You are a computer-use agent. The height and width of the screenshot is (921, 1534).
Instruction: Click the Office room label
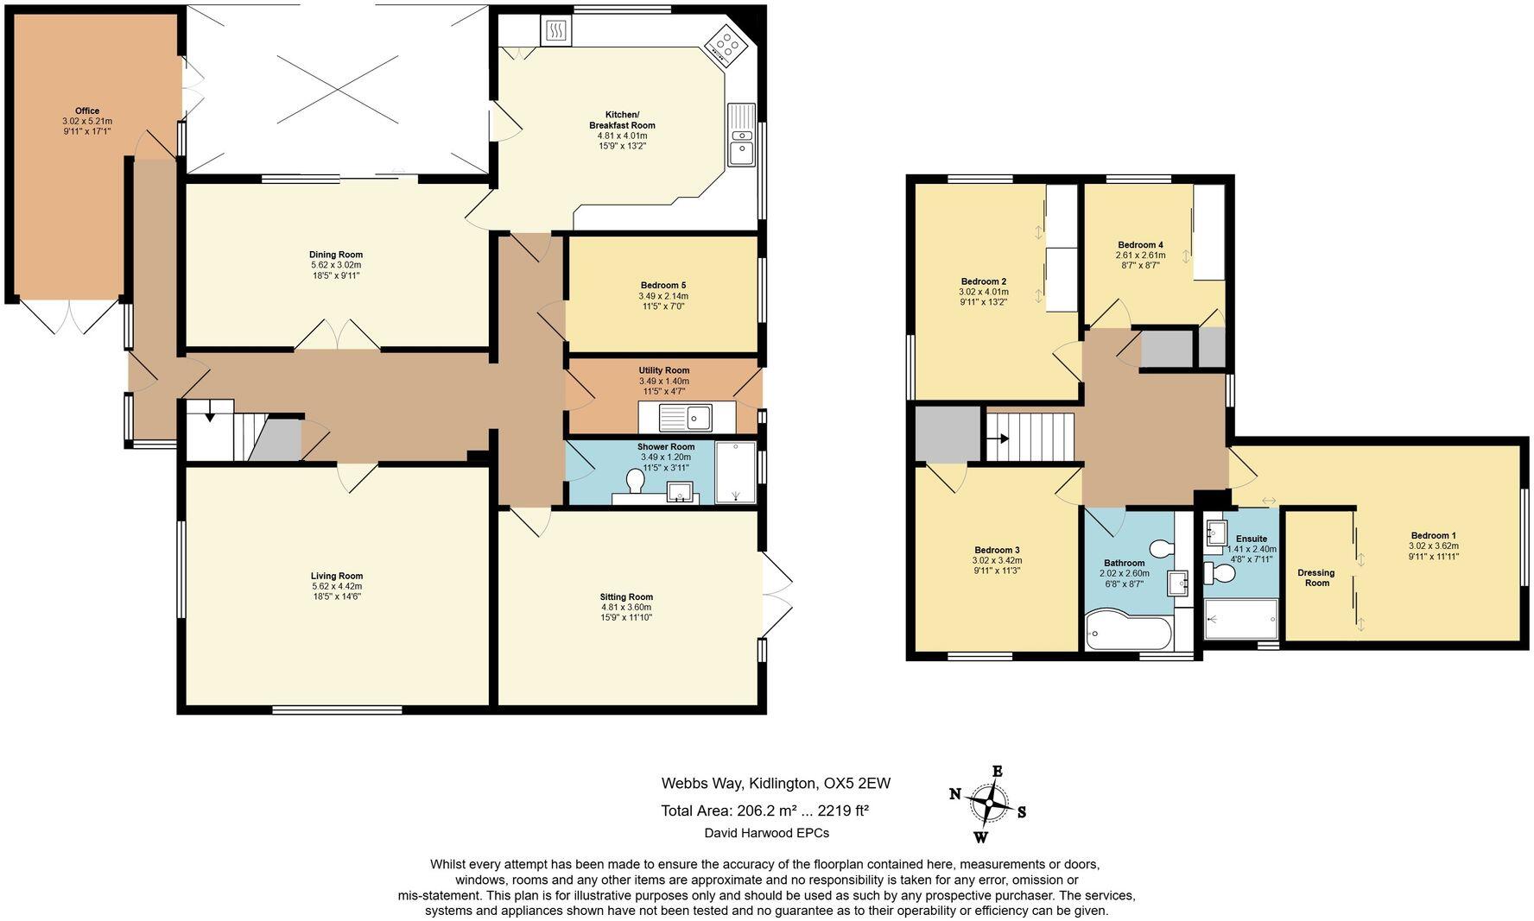(87, 110)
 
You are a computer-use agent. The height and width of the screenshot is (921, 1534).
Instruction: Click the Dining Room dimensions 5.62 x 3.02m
(336, 265)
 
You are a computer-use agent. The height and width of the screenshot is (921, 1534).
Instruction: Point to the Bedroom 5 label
(663, 285)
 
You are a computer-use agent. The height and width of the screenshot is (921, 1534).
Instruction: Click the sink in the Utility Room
(686, 419)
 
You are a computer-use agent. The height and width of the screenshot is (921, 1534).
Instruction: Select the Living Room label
(337, 576)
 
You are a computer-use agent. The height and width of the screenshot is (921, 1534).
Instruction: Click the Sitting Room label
(626, 596)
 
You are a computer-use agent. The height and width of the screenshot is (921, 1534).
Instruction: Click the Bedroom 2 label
(984, 281)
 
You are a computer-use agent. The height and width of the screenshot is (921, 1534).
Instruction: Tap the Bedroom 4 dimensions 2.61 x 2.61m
(1140, 255)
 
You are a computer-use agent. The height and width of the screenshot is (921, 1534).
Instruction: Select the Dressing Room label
(1316, 577)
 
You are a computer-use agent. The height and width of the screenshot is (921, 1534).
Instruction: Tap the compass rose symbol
(989, 804)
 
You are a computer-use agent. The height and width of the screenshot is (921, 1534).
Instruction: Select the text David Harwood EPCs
(767, 833)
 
